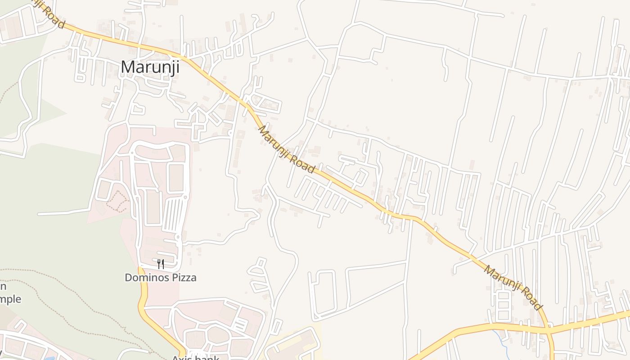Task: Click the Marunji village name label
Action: [150, 67]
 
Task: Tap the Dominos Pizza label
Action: [161, 277]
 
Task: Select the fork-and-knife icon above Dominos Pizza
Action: [161, 264]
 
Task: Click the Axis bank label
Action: [195, 358]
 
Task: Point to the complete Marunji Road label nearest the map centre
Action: [286, 150]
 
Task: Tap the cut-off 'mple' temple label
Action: [10, 299]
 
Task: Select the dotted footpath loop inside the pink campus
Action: [118, 202]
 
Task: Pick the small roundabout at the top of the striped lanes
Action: [185, 197]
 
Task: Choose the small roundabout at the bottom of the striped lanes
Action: [178, 236]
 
